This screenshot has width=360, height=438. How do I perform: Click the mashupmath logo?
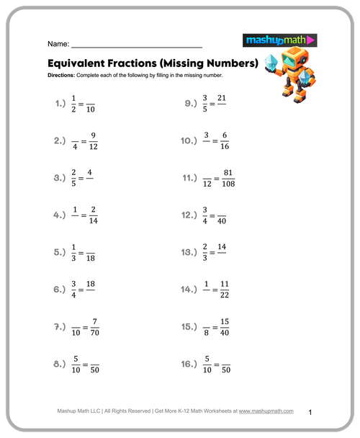click(280, 41)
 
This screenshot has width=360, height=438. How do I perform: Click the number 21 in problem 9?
click(222, 97)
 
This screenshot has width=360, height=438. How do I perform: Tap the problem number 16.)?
click(189, 365)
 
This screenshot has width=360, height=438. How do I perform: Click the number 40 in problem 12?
click(222, 221)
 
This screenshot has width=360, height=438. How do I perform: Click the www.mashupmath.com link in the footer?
click(266, 411)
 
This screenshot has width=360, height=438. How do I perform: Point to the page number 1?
click(310, 412)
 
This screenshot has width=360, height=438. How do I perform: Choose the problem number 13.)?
click(189, 252)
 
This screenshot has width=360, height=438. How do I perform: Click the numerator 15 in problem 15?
click(225, 321)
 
